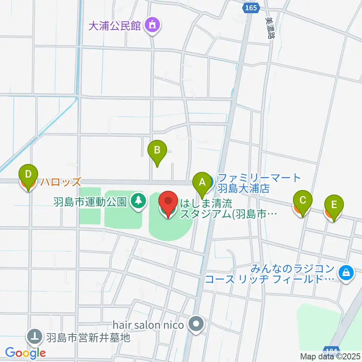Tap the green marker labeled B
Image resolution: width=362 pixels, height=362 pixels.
[157, 151]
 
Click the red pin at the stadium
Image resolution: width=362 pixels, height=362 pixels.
[167, 202]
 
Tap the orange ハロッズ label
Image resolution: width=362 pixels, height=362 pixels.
[61, 183]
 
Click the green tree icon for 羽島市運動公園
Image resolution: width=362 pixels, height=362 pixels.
[139, 200]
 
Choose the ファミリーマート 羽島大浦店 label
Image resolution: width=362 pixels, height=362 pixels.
[260, 183]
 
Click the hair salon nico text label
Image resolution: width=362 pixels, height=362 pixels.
[148, 325]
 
